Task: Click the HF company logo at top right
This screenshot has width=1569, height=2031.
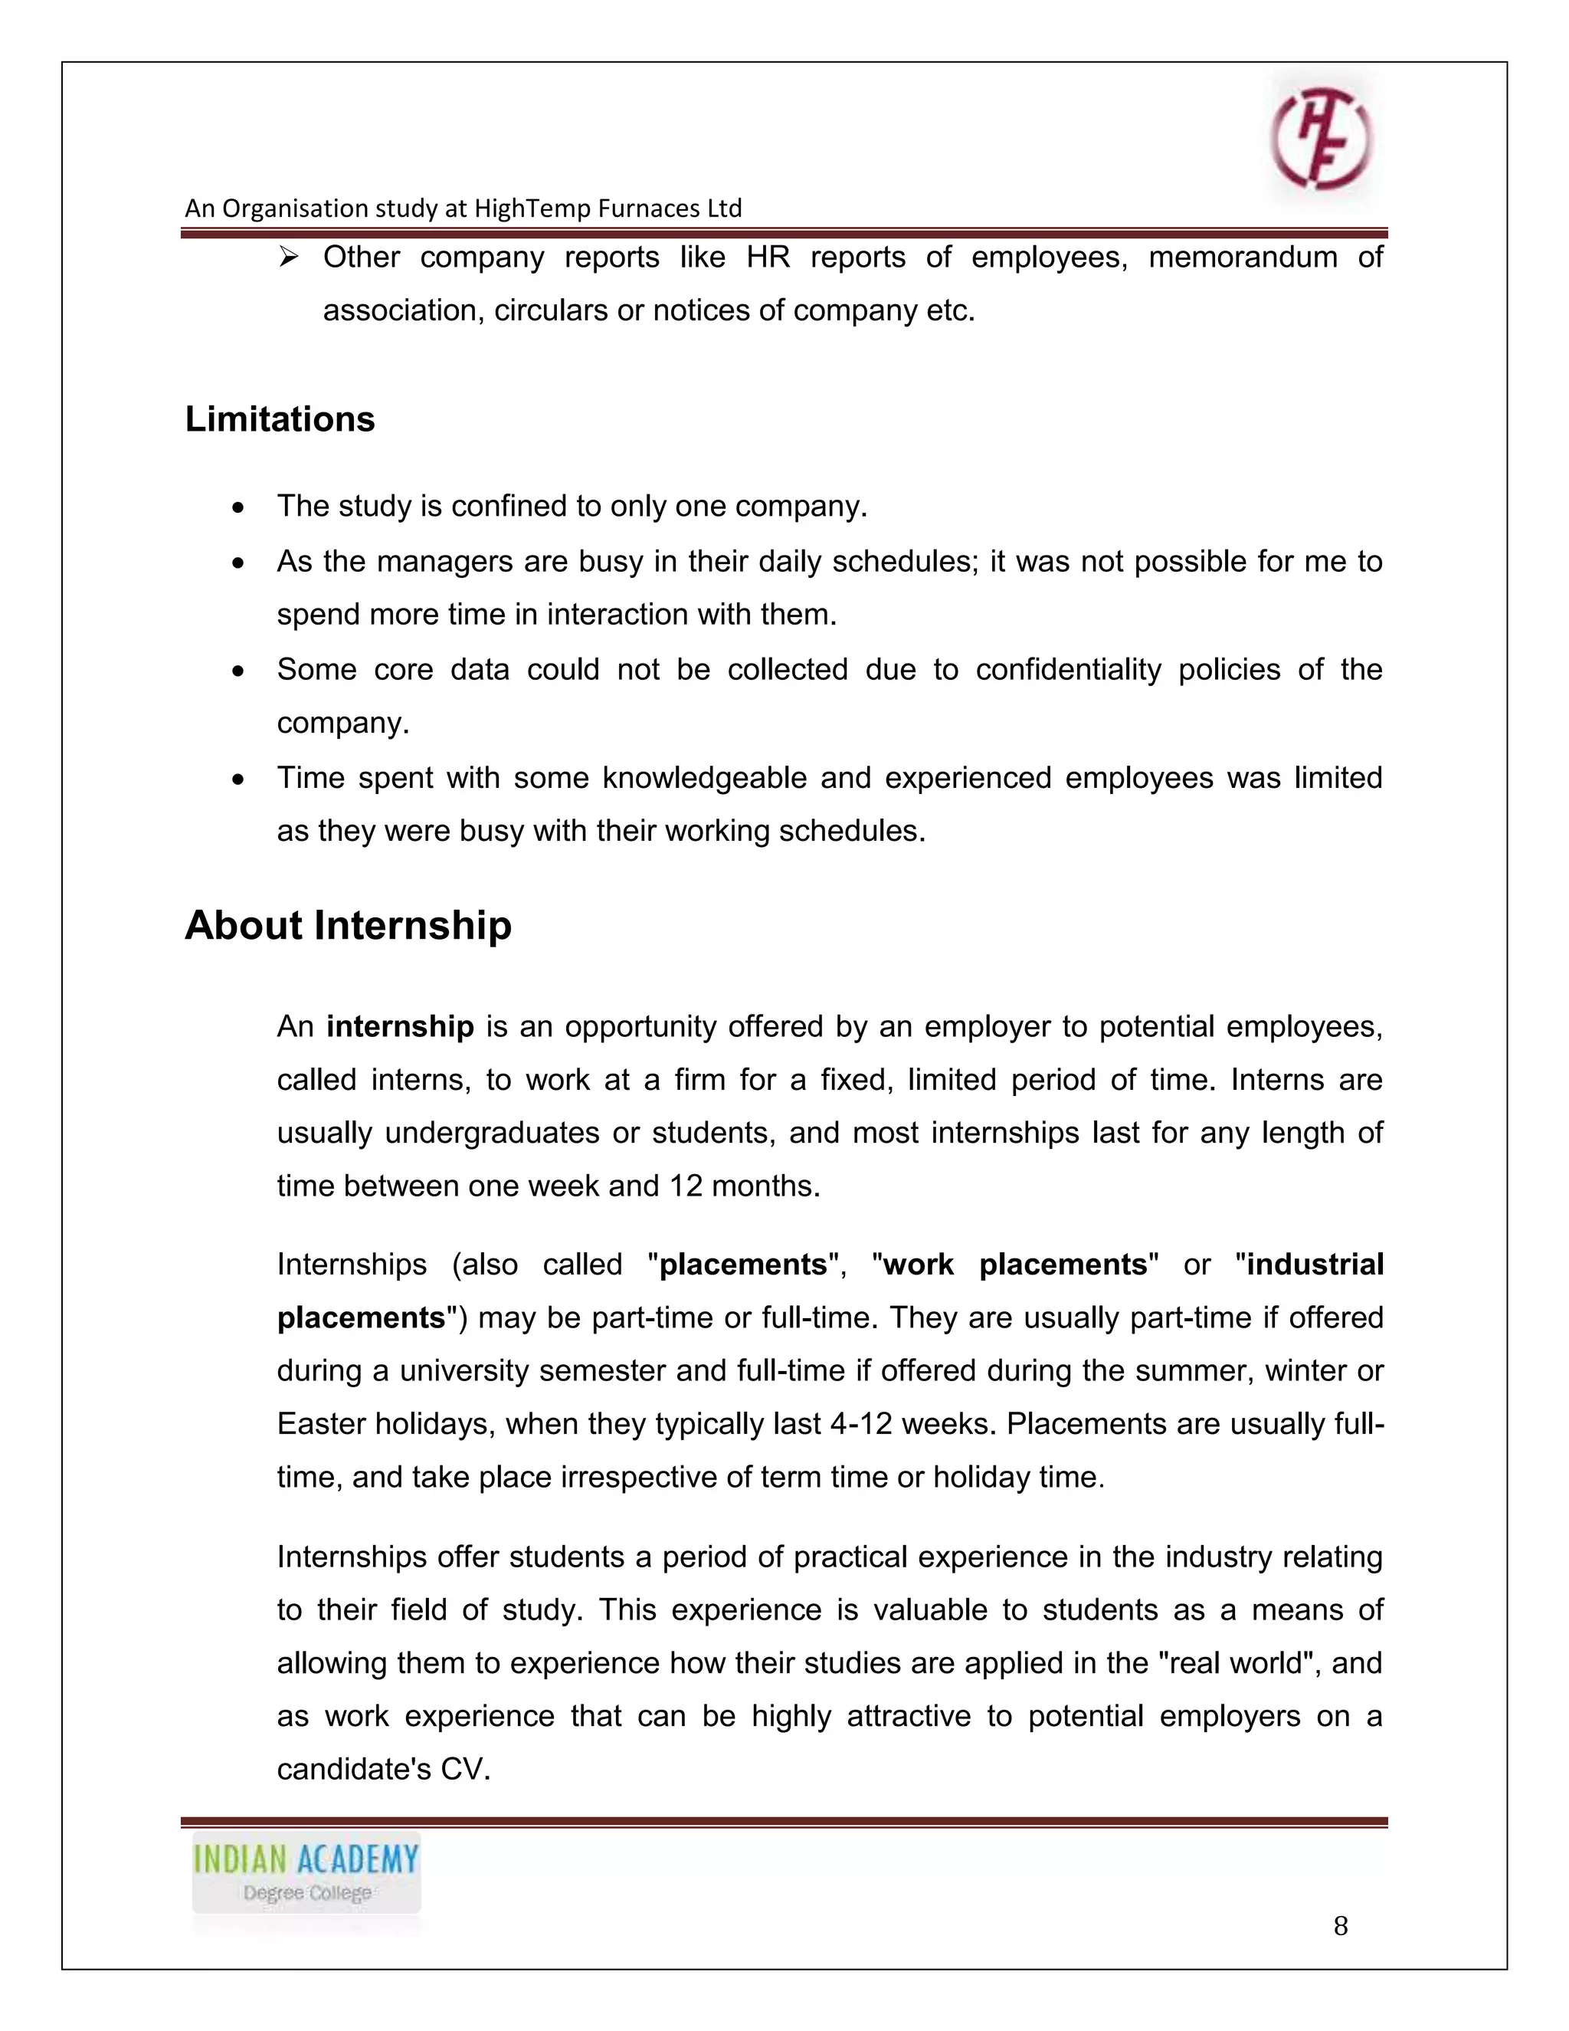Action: point(1322,139)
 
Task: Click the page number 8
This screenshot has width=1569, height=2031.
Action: point(1341,1926)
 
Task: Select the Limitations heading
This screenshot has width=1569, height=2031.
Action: point(280,419)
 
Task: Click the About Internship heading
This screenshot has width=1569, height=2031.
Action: point(348,925)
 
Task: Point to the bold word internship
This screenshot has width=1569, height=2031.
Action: point(401,1027)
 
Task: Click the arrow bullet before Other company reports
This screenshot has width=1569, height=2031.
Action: point(288,257)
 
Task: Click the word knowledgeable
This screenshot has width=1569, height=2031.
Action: point(703,777)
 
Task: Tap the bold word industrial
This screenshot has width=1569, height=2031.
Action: point(1315,1265)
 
